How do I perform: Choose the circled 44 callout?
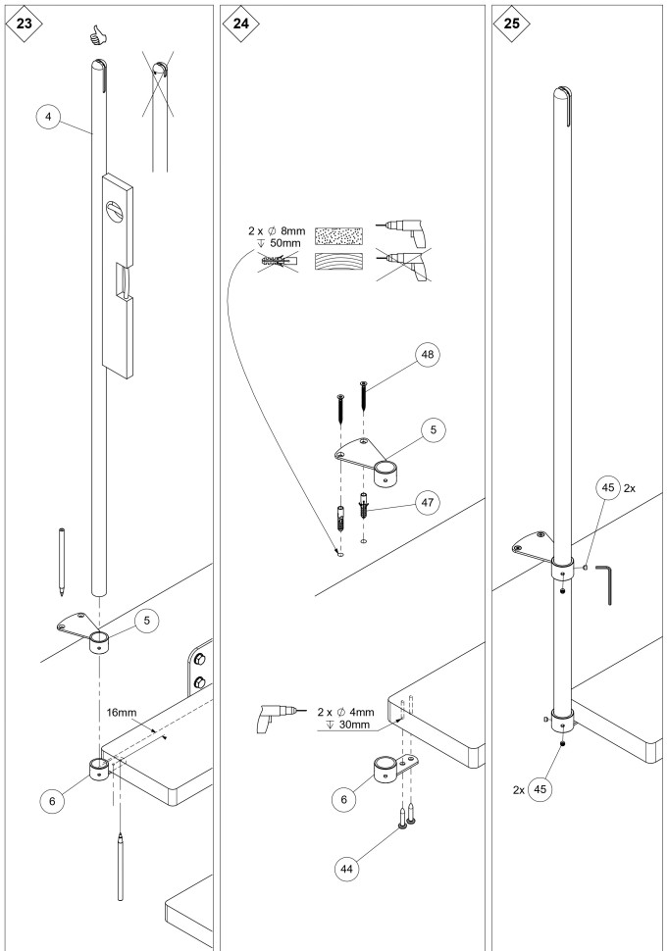tap(344, 867)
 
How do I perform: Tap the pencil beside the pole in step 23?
tap(62, 564)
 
